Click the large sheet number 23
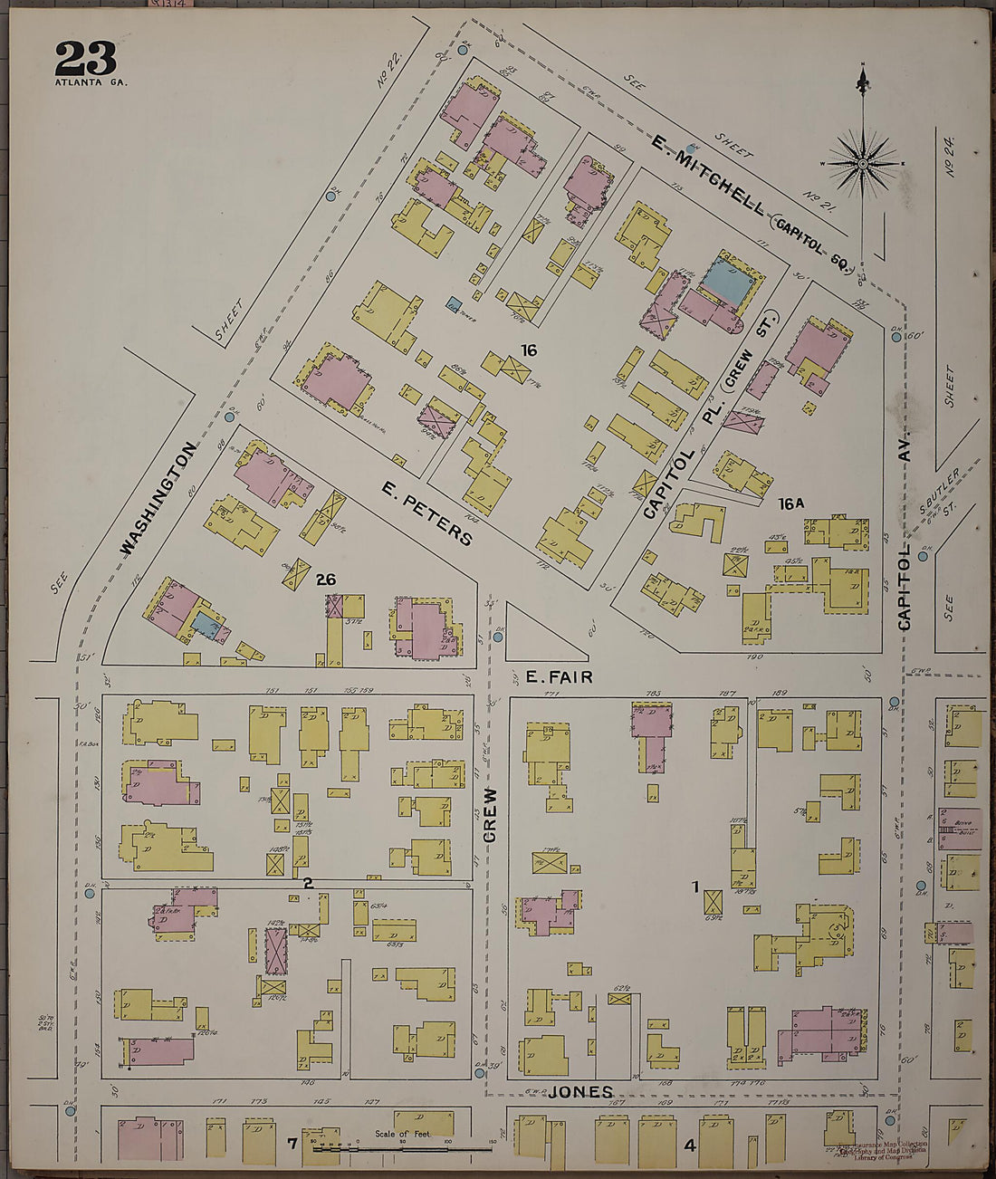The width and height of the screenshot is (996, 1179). [86, 60]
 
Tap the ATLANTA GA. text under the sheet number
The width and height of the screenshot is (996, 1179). [91, 82]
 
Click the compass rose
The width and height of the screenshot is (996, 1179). [863, 163]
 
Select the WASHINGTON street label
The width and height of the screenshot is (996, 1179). [158, 498]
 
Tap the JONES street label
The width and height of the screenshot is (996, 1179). [580, 1092]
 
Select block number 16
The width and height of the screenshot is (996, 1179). [529, 350]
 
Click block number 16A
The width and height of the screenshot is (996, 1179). [790, 503]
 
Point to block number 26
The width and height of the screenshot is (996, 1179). [326, 580]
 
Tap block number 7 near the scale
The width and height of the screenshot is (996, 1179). [292, 1145]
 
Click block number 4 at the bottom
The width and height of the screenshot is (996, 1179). [689, 1145]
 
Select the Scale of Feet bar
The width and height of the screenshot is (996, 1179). [403, 1147]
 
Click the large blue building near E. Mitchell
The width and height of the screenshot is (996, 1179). [730, 282]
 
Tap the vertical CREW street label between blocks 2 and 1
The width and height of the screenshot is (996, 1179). [490, 814]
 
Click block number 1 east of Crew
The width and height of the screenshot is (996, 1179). [696, 888]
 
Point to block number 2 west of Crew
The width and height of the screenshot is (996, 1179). [308, 882]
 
